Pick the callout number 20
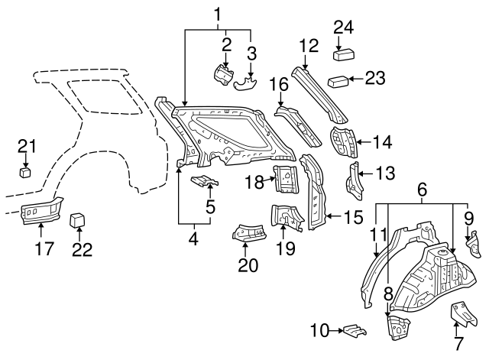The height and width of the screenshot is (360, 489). click(248, 264)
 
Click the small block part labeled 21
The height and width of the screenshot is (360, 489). click(26, 172)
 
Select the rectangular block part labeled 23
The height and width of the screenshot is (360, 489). click(338, 80)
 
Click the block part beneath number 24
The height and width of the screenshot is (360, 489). click(343, 54)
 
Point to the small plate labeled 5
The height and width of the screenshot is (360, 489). click(205, 181)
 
